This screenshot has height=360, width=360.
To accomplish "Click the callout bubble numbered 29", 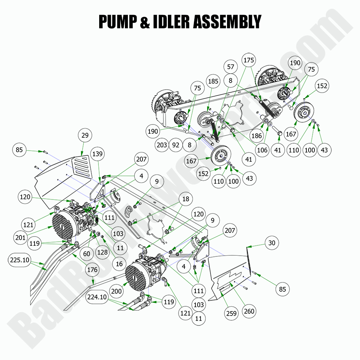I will [x=85, y=135].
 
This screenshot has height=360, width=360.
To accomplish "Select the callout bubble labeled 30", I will [x=271, y=243].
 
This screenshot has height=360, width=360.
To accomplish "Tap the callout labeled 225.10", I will [x=19, y=260].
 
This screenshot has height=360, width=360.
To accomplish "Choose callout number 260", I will [x=249, y=311].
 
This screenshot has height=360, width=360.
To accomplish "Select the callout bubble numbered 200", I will [x=116, y=291].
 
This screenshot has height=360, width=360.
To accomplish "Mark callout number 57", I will [x=230, y=67].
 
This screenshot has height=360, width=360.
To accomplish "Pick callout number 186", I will [x=256, y=136].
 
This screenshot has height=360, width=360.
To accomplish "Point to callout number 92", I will [x=176, y=145].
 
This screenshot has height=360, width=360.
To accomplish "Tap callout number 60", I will [x=86, y=253].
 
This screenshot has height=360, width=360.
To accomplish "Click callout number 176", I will [x=93, y=270].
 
